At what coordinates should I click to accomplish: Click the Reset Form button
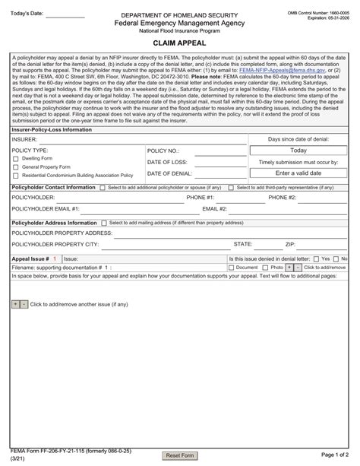click(180, 455)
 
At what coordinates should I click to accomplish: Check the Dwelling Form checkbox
click(16, 158)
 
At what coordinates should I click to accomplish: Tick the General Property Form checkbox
click(16, 166)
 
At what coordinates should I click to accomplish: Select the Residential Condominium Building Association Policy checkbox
click(16, 175)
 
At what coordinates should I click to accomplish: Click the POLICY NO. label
click(163, 151)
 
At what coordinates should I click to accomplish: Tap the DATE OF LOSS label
click(166, 162)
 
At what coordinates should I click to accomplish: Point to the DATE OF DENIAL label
click(169, 173)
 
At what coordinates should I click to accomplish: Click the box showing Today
click(298, 151)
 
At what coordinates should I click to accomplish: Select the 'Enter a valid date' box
click(298, 173)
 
